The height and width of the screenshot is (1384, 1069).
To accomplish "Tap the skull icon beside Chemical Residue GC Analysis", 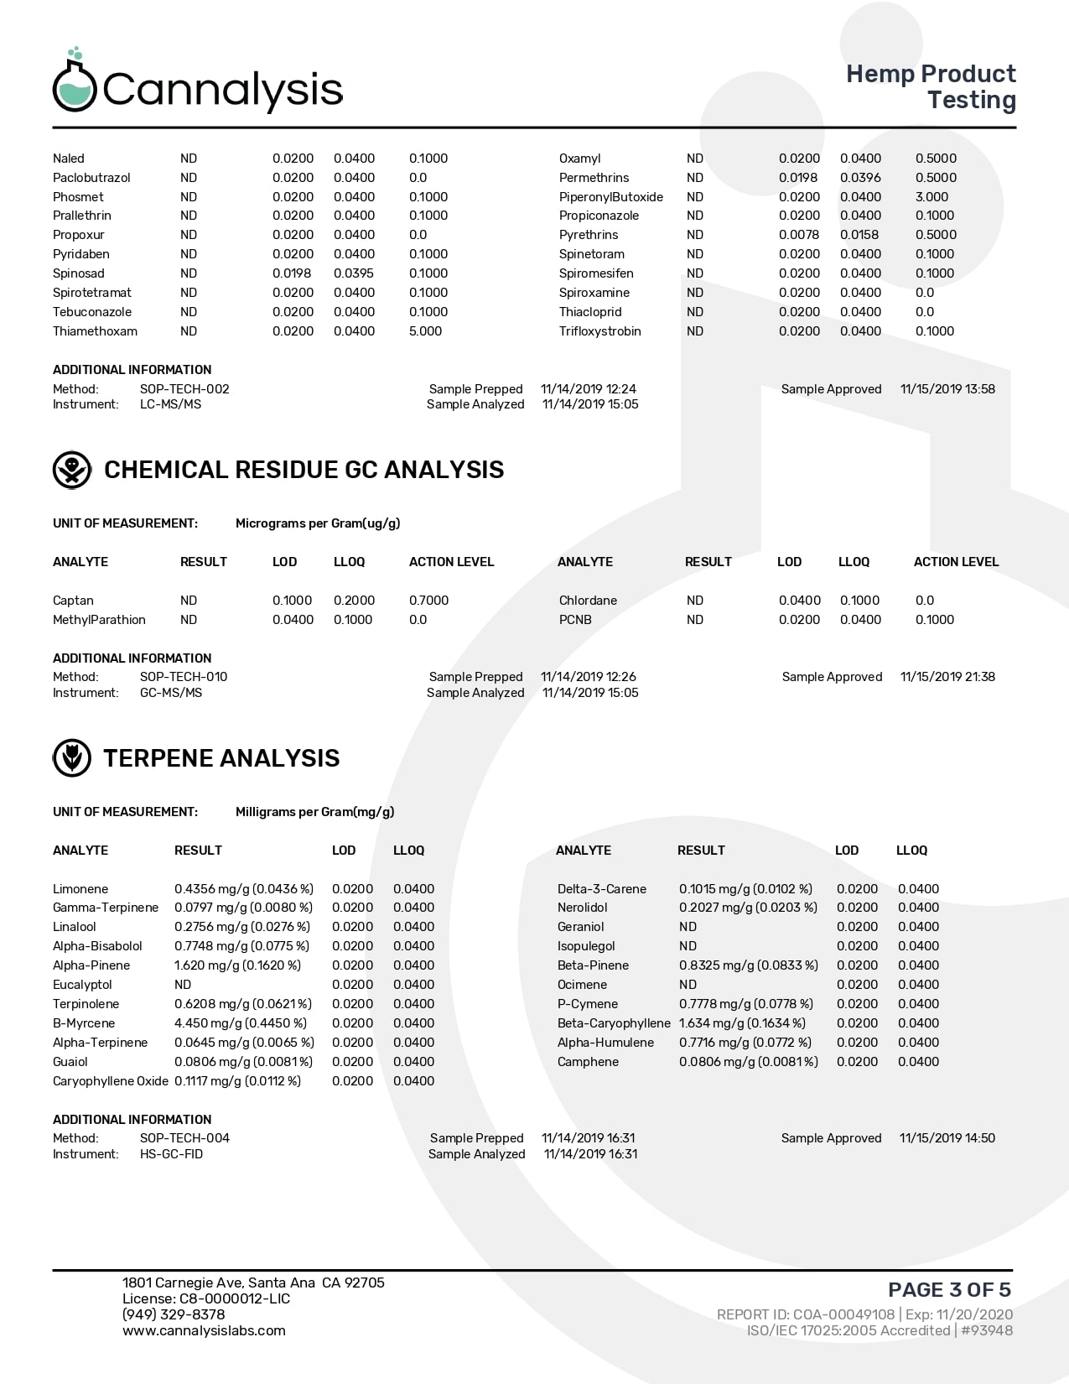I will pyautogui.click(x=72, y=470).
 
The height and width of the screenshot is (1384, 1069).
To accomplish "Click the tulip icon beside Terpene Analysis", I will pyautogui.click(x=72, y=758).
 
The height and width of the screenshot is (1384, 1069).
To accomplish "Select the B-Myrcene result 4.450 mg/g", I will pyautogui.click(x=241, y=1023).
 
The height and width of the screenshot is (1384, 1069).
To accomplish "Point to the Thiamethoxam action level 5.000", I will pyautogui.click(x=425, y=331).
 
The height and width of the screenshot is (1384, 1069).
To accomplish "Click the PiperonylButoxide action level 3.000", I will pyautogui.click(x=931, y=197).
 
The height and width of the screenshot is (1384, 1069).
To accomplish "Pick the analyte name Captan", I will pyautogui.click(x=73, y=601).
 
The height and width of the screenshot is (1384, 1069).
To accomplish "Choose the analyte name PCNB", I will pyautogui.click(x=575, y=620).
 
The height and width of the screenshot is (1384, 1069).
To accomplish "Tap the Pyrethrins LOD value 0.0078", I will pyautogui.click(x=798, y=235).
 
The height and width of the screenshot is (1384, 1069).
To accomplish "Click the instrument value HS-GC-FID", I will pyautogui.click(x=171, y=1154).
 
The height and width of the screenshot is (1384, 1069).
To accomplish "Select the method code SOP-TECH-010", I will pyautogui.click(x=184, y=677).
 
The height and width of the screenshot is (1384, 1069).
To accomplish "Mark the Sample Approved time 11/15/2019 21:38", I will pyautogui.click(x=947, y=677).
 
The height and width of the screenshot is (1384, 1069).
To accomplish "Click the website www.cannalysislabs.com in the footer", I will pyautogui.click(x=204, y=1330).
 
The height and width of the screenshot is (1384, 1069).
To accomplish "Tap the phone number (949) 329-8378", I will pyautogui.click(x=174, y=1314).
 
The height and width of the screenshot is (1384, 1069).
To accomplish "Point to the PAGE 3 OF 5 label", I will pyautogui.click(x=949, y=1289).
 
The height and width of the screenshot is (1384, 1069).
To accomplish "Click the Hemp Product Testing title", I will pyautogui.click(x=931, y=86).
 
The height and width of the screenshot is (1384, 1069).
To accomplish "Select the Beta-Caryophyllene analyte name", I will pyautogui.click(x=614, y=1023).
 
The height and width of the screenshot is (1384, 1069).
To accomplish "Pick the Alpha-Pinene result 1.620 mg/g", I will pyautogui.click(x=237, y=965).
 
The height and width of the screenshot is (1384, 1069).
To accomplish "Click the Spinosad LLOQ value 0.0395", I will pyautogui.click(x=354, y=273).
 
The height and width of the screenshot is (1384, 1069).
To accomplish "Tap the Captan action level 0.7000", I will pyautogui.click(x=428, y=601).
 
